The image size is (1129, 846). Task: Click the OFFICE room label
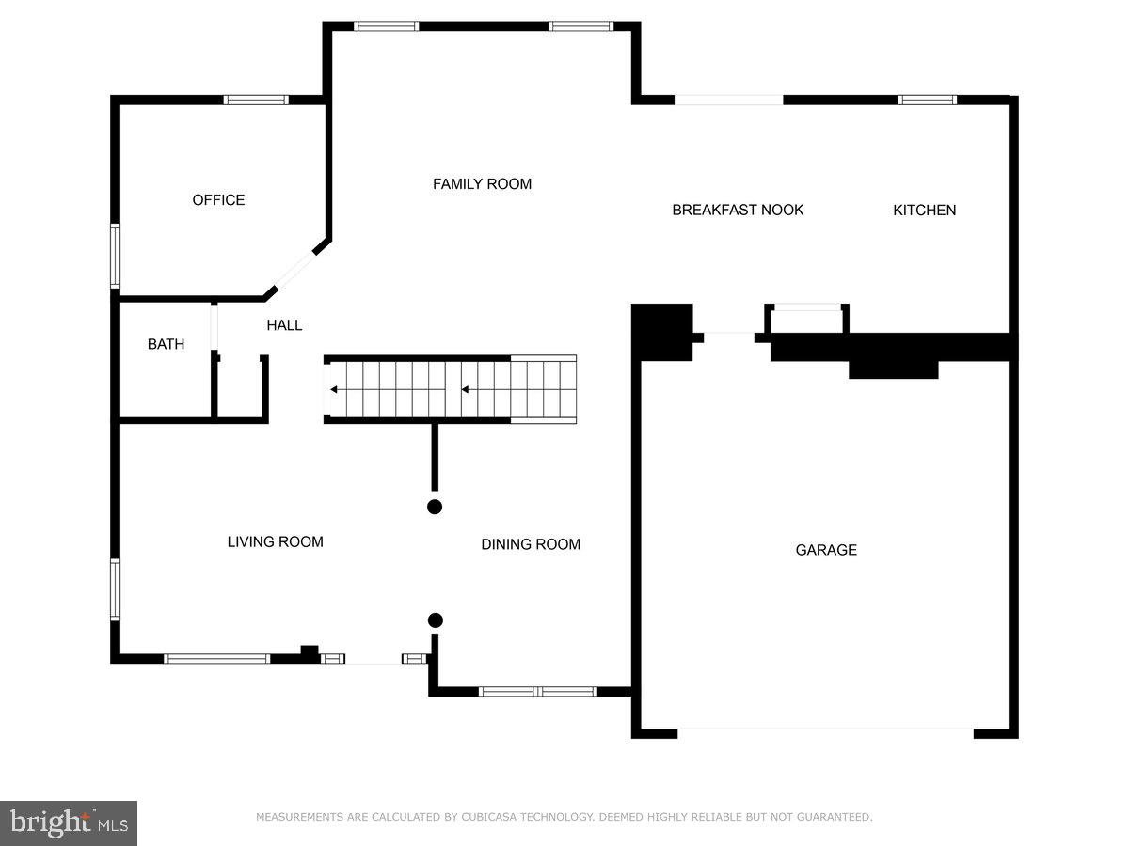point(218,200)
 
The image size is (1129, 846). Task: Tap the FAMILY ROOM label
point(482,184)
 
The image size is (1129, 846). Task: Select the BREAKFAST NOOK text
point(738,210)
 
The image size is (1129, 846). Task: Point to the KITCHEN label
point(924,210)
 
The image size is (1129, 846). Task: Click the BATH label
point(166,344)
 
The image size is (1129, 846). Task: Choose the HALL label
point(284,325)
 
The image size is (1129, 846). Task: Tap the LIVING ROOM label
point(275,542)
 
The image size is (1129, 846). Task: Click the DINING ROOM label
point(531,544)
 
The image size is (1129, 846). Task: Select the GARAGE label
point(826,550)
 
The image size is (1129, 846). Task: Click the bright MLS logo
point(69,823)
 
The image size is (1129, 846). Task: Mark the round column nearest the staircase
point(435,507)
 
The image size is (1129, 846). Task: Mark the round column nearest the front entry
point(436,620)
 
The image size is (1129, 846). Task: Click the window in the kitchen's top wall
point(928,100)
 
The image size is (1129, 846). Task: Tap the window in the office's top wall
point(256,100)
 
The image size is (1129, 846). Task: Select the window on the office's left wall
point(115,256)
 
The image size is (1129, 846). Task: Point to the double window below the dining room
point(537,692)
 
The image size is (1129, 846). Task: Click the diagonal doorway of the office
point(295,270)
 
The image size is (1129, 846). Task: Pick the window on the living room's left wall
point(115,590)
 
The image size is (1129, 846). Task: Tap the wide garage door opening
point(825,733)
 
